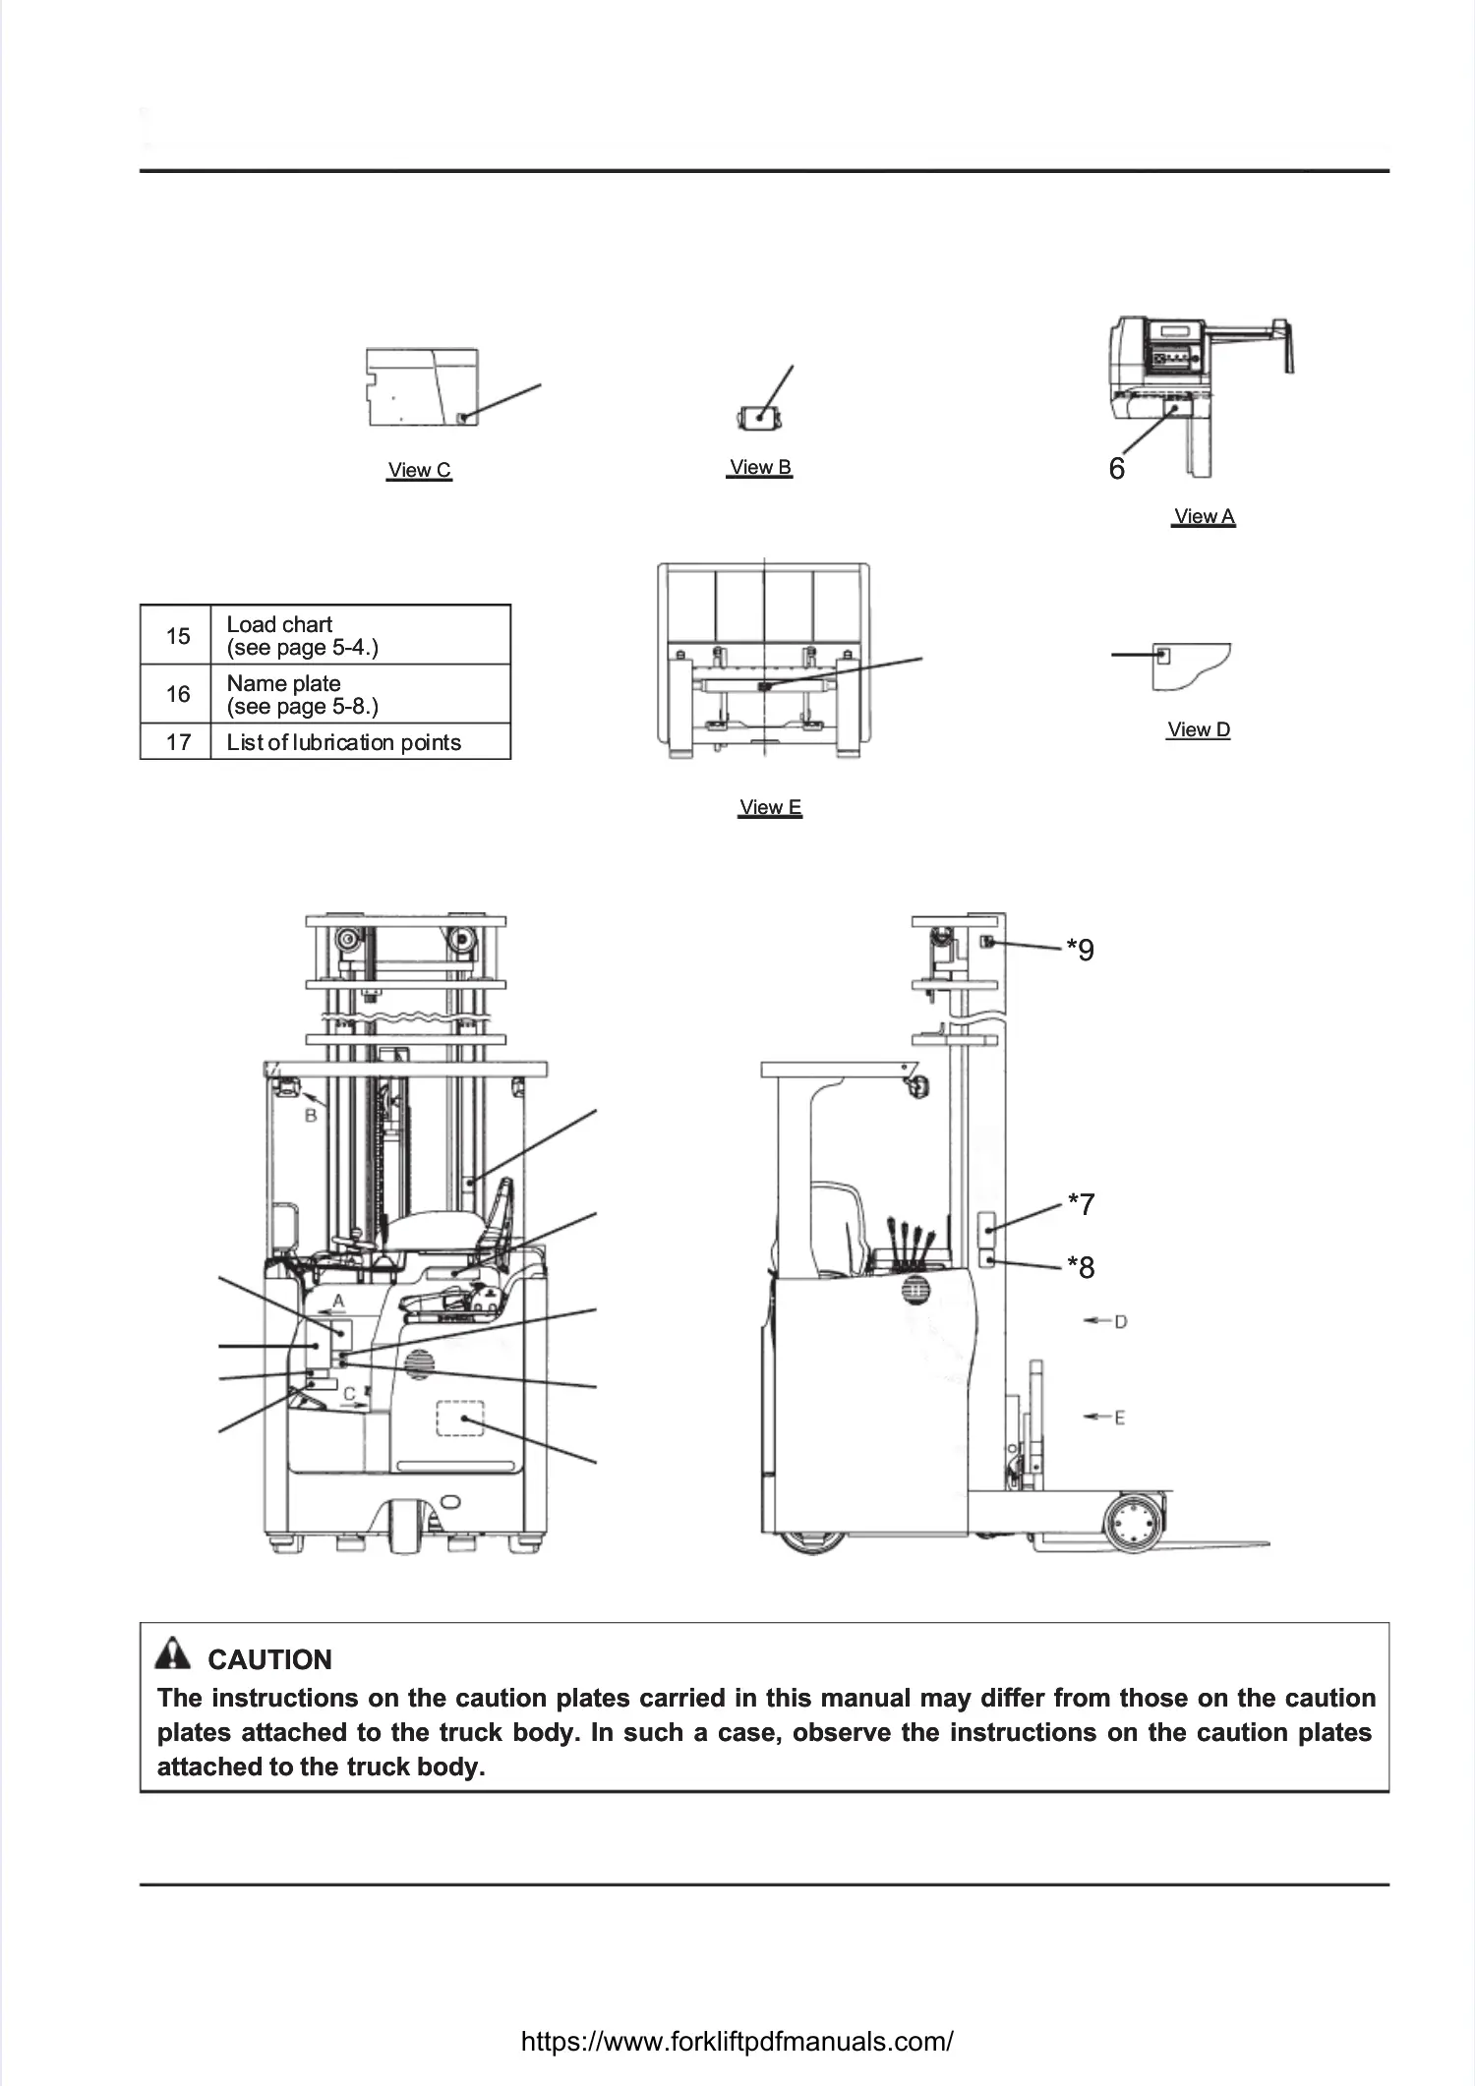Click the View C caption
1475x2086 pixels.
click(419, 470)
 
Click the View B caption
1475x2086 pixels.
click(760, 467)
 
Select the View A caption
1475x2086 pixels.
click(1204, 516)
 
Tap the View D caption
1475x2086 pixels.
click(1198, 729)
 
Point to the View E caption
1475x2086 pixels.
click(770, 807)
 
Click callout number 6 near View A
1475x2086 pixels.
click(1116, 469)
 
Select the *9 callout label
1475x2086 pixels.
click(1081, 951)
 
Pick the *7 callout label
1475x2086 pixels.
click(1082, 1204)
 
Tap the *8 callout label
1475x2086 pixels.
click(1082, 1268)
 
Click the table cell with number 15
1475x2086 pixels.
click(177, 636)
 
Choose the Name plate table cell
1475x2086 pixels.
click(360, 694)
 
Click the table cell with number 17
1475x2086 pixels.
click(177, 742)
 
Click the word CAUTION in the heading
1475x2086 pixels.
click(269, 1659)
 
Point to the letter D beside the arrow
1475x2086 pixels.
click(1120, 1322)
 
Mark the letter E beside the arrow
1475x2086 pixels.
click(1120, 1418)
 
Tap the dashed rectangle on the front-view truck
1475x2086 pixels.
click(460, 1419)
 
